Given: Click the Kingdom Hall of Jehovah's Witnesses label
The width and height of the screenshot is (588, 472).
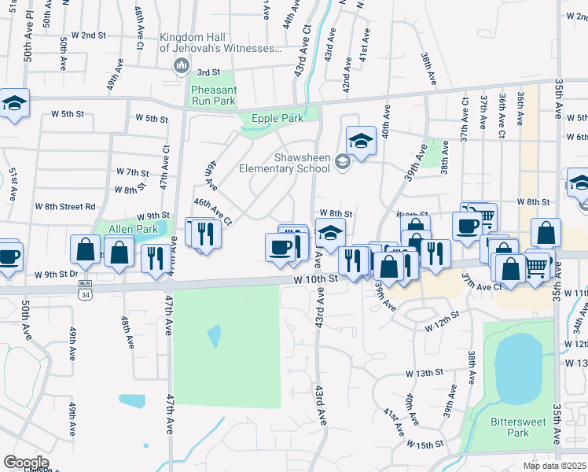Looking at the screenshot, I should tap(219, 42).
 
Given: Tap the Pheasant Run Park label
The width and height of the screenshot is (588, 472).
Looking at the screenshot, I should tap(213, 95).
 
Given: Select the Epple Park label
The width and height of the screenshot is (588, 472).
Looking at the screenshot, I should tap(277, 119).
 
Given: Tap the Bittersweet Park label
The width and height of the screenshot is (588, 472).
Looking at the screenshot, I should tap(519, 427).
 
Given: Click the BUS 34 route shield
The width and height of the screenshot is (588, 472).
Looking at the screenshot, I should tap(84, 289).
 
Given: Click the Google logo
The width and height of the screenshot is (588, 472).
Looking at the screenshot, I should tap(26, 463).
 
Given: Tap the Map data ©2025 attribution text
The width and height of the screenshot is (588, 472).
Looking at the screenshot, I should tap(555, 466).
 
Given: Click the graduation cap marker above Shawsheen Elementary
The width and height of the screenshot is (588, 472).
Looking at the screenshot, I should tap(360, 141).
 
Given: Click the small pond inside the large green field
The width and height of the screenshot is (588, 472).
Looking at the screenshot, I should tap(214, 336).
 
